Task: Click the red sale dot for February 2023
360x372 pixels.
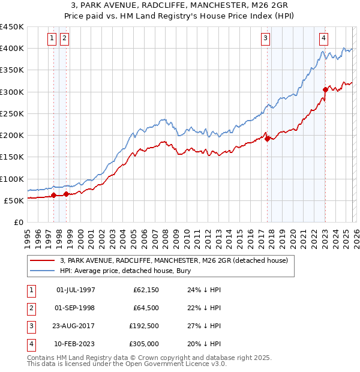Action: [325, 89]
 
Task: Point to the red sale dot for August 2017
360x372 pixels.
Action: [267, 139]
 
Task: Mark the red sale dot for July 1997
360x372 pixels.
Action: [53, 195]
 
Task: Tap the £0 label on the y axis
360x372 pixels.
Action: [18, 222]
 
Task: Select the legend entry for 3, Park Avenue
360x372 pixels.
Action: [174, 260]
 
